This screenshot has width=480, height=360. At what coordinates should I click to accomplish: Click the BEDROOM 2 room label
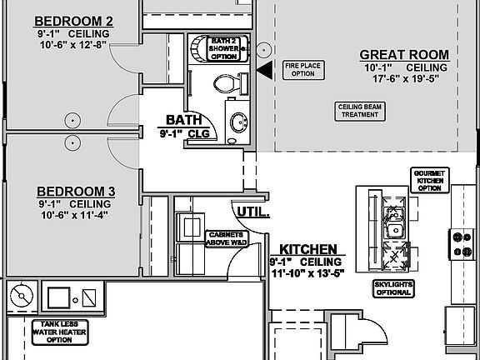tap(74, 20)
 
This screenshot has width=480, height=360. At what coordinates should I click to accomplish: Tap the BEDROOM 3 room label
tap(74, 191)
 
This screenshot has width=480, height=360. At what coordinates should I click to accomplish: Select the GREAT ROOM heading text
tap(404, 54)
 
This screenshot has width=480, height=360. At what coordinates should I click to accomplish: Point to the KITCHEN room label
tap(307, 249)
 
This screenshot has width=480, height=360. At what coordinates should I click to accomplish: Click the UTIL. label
tap(253, 212)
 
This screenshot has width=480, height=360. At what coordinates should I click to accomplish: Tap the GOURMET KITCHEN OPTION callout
tap(431, 180)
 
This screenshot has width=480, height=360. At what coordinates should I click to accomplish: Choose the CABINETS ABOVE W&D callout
tap(224, 238)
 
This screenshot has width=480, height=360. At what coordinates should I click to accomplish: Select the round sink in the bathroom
tap(237, 122)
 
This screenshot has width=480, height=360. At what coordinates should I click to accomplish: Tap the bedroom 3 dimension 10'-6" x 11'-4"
tap(74, 214)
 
